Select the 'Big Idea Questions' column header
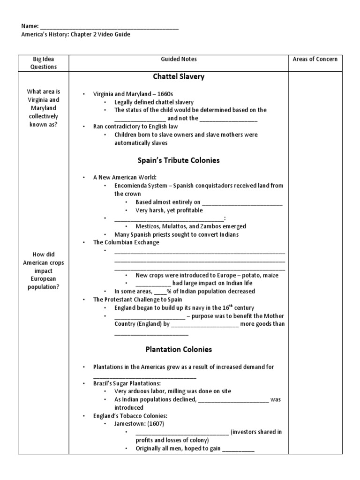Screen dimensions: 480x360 pyautogui.click(x=43, y=63)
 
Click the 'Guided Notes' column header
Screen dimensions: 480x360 pyautogui.click(x=179, y=59)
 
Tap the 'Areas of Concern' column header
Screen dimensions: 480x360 pyautogui.click(x=315, y=59)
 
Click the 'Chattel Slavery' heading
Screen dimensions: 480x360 pyautogui.click(x=179, y=77)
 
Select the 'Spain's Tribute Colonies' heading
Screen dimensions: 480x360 pyautogui.click(x=179, y=160)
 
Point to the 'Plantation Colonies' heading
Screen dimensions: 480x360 pyautogui.click(x=179, y=349)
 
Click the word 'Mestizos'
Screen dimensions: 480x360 pyautogui.click(x=148, y=226)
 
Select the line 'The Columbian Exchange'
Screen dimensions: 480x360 pyautogui.click(x=126, y=242)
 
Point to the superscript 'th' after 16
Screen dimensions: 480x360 pyautogui.click(x=232, y=306)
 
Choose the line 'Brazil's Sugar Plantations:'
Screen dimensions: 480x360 pyautogui.click(x=127, y=383)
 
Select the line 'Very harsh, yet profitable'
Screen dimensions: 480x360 pyautogui.click(x=169, y=210)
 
